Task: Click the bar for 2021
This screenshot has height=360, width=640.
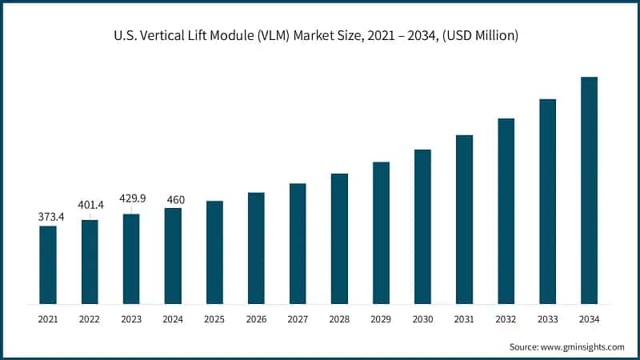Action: coord(48,265)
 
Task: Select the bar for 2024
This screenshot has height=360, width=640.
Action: coord(173,256)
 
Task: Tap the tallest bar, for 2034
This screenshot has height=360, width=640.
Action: coord(589,190)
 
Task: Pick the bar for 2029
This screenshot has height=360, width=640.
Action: coord(381,233)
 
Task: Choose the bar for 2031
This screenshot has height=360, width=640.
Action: coord(464,219)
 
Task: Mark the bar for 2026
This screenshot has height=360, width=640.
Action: coord(256,248)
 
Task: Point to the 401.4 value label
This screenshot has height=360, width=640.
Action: coord(90,205)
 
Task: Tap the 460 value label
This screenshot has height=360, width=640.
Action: coord(173,199)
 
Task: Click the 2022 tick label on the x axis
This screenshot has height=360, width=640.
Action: coord(90,319)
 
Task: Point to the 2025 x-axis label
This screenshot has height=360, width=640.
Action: coord(214,319)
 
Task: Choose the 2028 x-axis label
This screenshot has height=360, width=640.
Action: coord(339,319)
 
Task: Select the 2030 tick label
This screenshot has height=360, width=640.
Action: coord(422,319)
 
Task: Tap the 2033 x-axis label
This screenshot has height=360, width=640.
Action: coord(547,319)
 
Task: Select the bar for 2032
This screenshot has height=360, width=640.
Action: coord(506,211)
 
